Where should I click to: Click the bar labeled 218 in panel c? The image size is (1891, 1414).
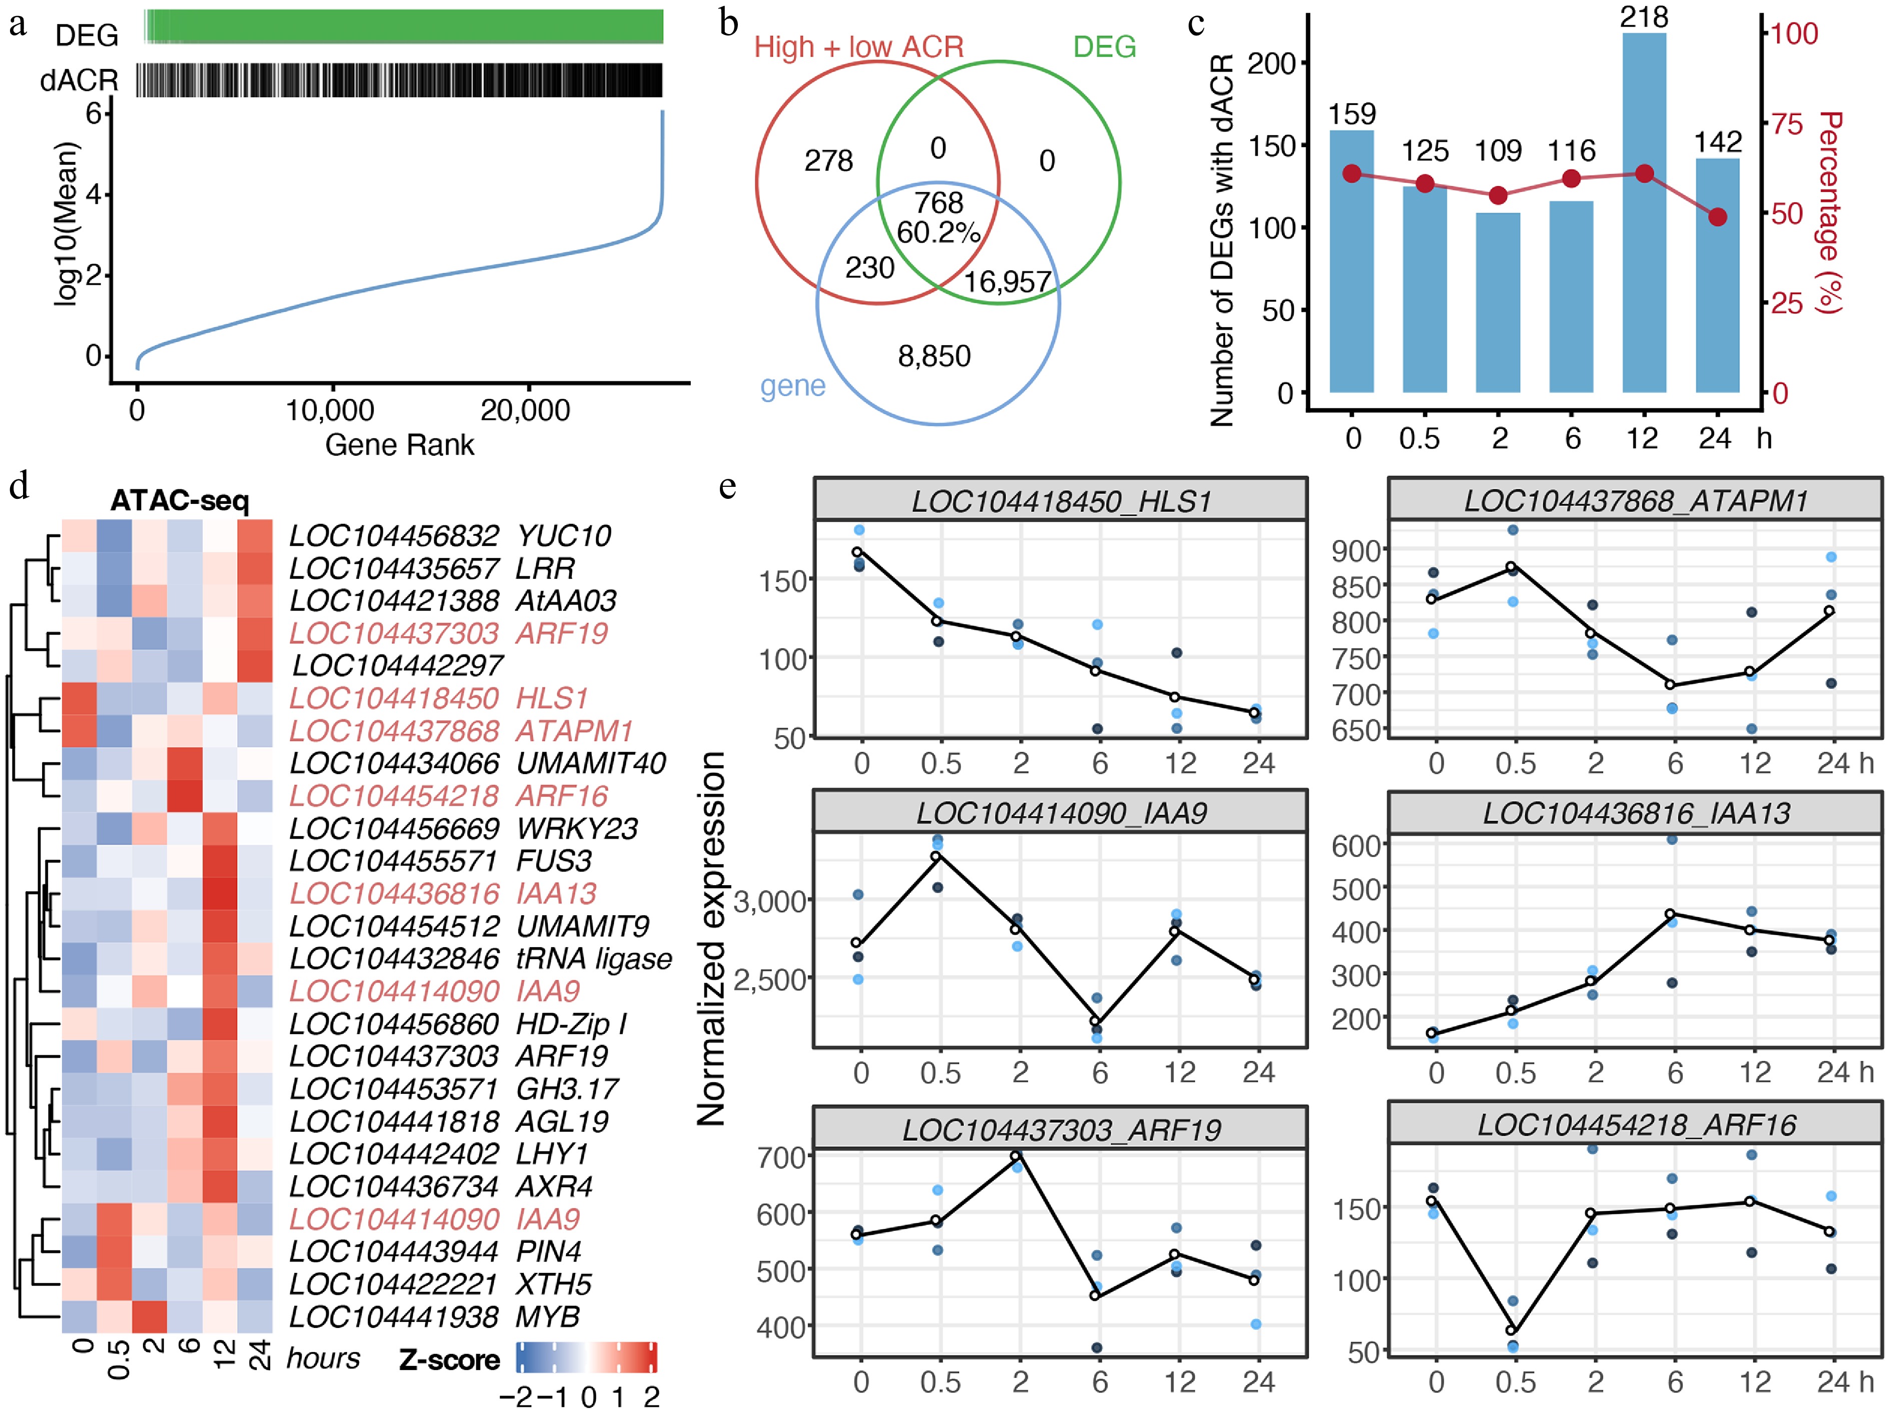pyautogui.click(x=1644, y=214)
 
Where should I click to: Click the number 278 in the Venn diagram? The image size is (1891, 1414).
pyautogui.click(x=828, y=161)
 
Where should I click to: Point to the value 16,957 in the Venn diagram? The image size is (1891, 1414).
pyautogui.click(x=1007, y=282)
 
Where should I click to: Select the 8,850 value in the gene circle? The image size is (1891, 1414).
pyautogui.click(x=933, y=356)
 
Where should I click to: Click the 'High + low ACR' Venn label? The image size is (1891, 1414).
pyautogui.click(x=858, y=47)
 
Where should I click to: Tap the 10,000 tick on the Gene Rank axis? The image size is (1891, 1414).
pyautogui.click(x=330, y=410)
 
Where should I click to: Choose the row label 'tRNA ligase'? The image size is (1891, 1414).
pyautogui.click(x=594, y=959)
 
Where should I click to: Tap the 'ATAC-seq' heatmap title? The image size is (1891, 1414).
pyautogui.click(x=180, y=500)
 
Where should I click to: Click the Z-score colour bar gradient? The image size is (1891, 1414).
pyautogui.click(x=586, y=1357)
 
